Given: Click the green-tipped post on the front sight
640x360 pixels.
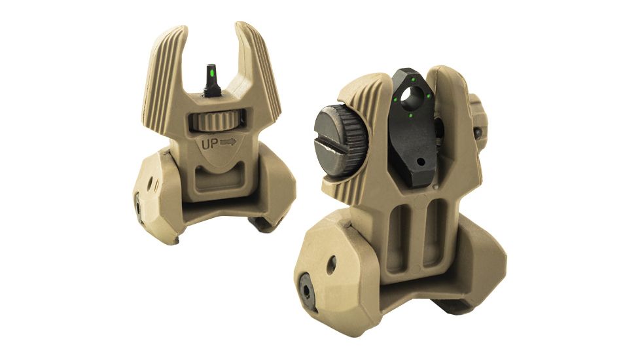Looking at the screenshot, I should tap(211, 78).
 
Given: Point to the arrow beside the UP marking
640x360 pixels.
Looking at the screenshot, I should tap(228, 141).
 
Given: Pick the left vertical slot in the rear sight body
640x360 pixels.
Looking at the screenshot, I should tap(397, 236).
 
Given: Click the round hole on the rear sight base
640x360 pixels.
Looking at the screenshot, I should tap(332, 264).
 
